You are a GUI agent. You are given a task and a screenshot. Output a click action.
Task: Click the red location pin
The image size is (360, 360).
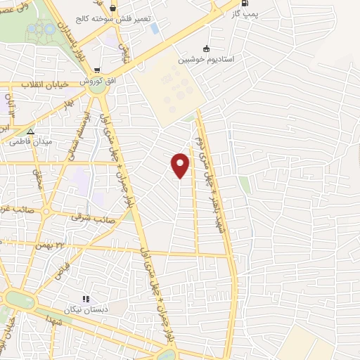tap(181, 165)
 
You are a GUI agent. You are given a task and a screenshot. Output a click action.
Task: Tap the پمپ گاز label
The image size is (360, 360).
tap(246, 14)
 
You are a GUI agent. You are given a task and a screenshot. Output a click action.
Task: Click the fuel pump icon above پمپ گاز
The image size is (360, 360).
tap(245, 4)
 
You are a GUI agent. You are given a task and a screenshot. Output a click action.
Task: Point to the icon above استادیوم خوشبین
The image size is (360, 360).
tap(206, 49)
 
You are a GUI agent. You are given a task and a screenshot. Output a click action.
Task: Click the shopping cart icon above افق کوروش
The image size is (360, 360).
tap(98, 70)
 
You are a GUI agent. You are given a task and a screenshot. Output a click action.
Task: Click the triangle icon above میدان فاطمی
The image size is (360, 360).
tap(30, 131)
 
